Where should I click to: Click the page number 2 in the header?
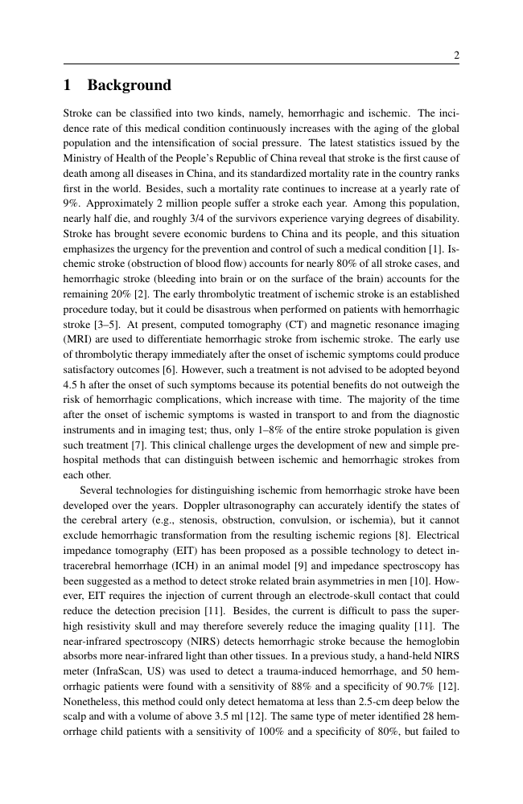pos(456,55)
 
